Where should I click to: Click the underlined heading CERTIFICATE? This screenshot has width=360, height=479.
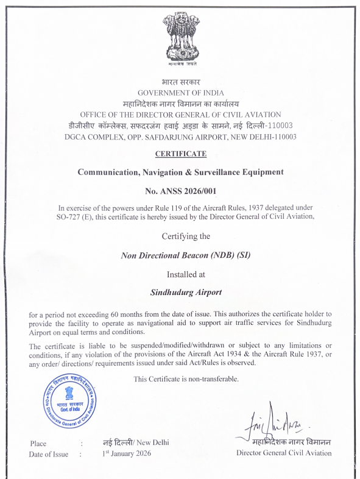(180, 154)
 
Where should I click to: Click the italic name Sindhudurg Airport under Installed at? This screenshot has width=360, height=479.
(181, 293)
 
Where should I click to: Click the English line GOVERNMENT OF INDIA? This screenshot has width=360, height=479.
(181, 92)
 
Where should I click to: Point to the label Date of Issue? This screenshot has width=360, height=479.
(49, 454)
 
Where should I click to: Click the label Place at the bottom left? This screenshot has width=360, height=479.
(38, 443)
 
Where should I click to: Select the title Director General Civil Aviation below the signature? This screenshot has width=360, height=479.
(284, 453)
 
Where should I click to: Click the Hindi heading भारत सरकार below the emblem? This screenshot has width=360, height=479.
(181, 82)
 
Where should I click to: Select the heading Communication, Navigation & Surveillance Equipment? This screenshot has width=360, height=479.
(181, 172)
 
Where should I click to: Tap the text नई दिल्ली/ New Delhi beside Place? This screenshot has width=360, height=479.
(136, 442)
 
